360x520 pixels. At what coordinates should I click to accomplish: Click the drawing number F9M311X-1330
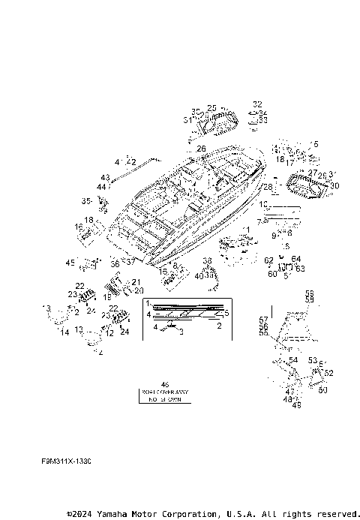[x=66, y=462]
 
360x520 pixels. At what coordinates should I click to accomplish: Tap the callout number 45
[x=70, y=263]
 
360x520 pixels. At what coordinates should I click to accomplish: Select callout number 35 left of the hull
[x=86, y=200]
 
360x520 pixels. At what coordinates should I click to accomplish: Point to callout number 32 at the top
[x=257, y=104]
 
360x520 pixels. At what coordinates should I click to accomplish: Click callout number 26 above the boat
[x=200, y=149]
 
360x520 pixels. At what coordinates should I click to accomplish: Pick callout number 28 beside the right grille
[x=268, y=186]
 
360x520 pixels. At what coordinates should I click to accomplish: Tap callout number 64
[x=295, y=259]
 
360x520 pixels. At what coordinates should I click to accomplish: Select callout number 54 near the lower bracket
[x=293, y=360]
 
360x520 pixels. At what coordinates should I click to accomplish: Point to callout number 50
[x=322, y=390]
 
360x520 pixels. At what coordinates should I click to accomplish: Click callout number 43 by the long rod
[x=104, y=178]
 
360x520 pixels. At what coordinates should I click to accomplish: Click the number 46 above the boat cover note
[x=165, y=384]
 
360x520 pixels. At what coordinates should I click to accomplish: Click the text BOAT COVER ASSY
[x=165, y=392]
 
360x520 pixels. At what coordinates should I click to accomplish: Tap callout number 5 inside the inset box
[x=226, y=312]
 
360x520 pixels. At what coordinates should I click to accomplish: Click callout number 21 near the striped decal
[x=136, y=282]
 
